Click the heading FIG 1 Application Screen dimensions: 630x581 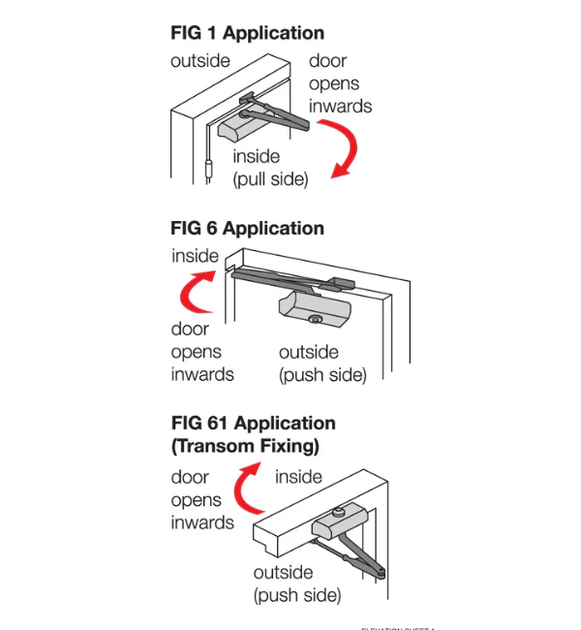[247, 33]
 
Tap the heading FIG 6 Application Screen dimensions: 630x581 [247, 229]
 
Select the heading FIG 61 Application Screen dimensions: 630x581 [253, 424]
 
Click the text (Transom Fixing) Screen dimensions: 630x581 [245, 447]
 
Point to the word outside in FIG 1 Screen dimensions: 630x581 [200, 61]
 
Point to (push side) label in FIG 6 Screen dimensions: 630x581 [322, 375]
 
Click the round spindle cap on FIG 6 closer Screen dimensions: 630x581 [315, 320]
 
